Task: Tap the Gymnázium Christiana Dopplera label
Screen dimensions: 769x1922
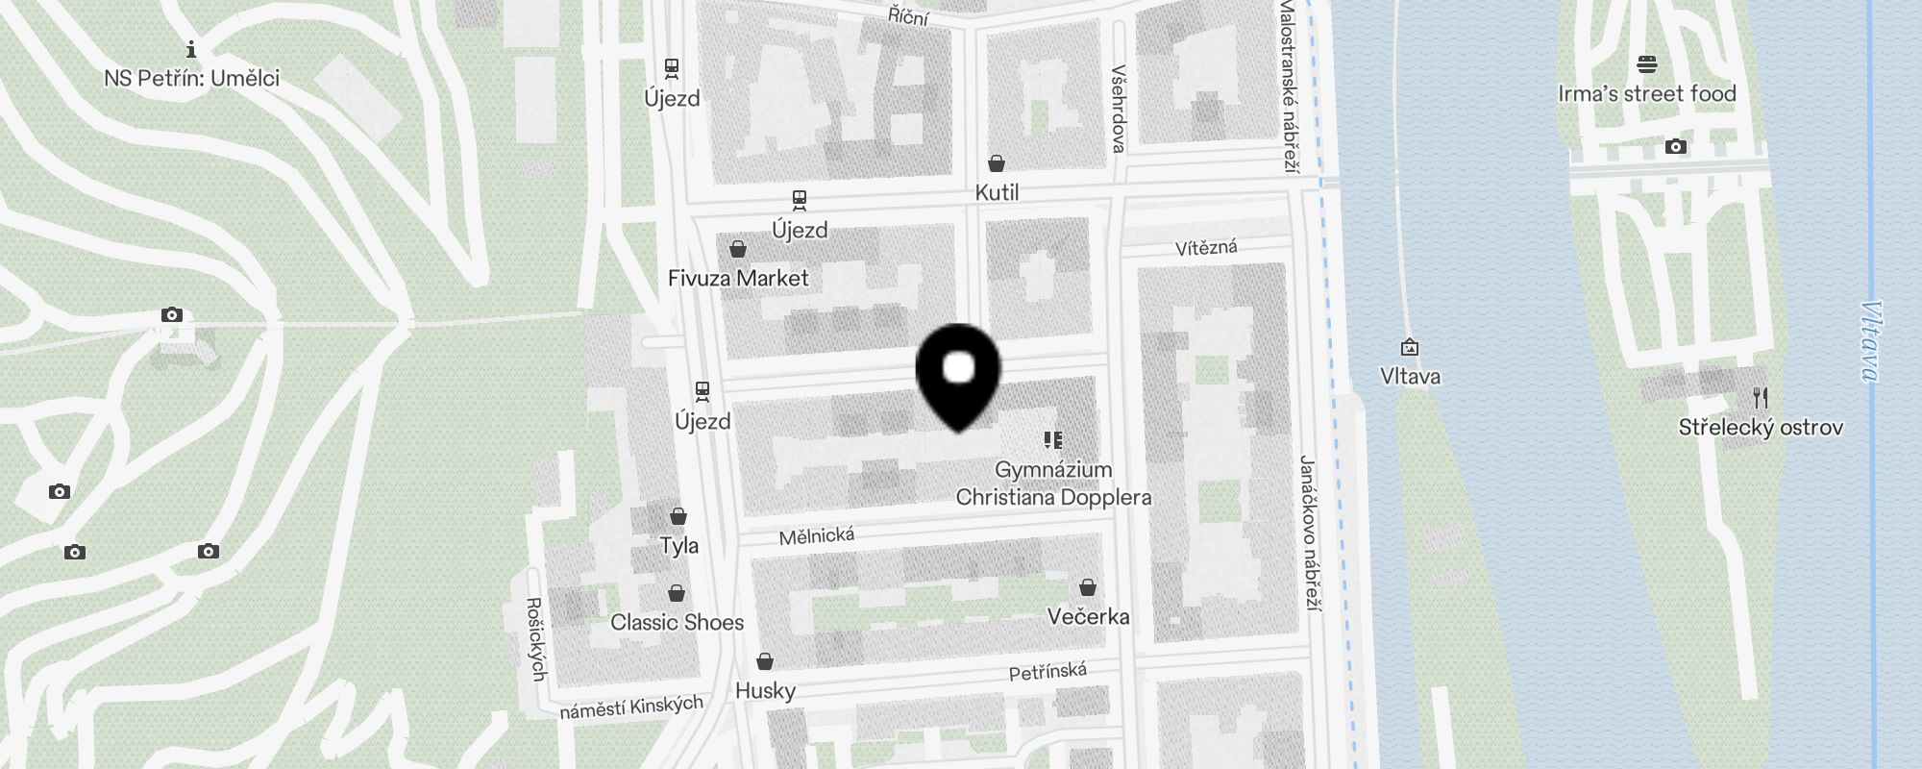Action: click(1053, 484)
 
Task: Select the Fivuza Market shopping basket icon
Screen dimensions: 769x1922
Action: click(738, 250)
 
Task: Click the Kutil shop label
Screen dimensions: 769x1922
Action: click(997, 192)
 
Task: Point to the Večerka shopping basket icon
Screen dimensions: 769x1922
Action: click(1088, 587)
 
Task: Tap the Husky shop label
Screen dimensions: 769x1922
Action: click(765, 690)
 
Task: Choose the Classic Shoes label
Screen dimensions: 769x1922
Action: click(677, 622)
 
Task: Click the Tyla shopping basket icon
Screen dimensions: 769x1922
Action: click(678, 516)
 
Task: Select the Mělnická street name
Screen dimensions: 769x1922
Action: click(817, 535)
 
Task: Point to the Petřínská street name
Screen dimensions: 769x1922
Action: click(1047, 671)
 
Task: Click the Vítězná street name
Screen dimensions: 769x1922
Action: click(1206, 248)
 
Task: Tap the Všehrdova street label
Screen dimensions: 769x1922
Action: click(1118, 109)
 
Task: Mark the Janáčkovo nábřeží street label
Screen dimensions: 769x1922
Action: click(1309, 533)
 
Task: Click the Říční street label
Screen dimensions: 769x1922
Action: click(908, 15)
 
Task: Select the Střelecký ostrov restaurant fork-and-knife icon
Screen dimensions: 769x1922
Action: click(1761, 397)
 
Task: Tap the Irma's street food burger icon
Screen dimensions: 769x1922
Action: click(1647, 65)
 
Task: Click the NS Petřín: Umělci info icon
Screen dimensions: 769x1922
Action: click(191, 49)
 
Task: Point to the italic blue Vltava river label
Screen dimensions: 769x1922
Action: click(1870, 341)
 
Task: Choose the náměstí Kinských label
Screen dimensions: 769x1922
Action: click(631, 707)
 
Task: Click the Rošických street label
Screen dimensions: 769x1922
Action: click(536, 639)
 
